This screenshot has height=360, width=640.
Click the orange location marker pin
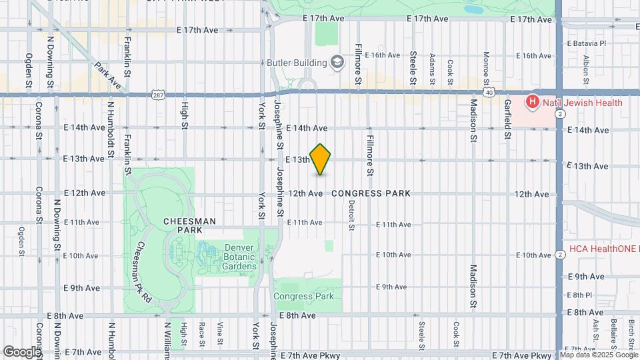tap(320, 159)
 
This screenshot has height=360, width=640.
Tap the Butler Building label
tap(297, 63)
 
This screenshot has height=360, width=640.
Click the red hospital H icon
tap(532, 103)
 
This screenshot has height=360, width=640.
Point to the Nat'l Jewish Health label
tap(582, 103)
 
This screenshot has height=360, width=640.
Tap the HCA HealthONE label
tap(603, 249)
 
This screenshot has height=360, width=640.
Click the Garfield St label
tap(507, 119)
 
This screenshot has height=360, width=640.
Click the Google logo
tap(21, 351)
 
